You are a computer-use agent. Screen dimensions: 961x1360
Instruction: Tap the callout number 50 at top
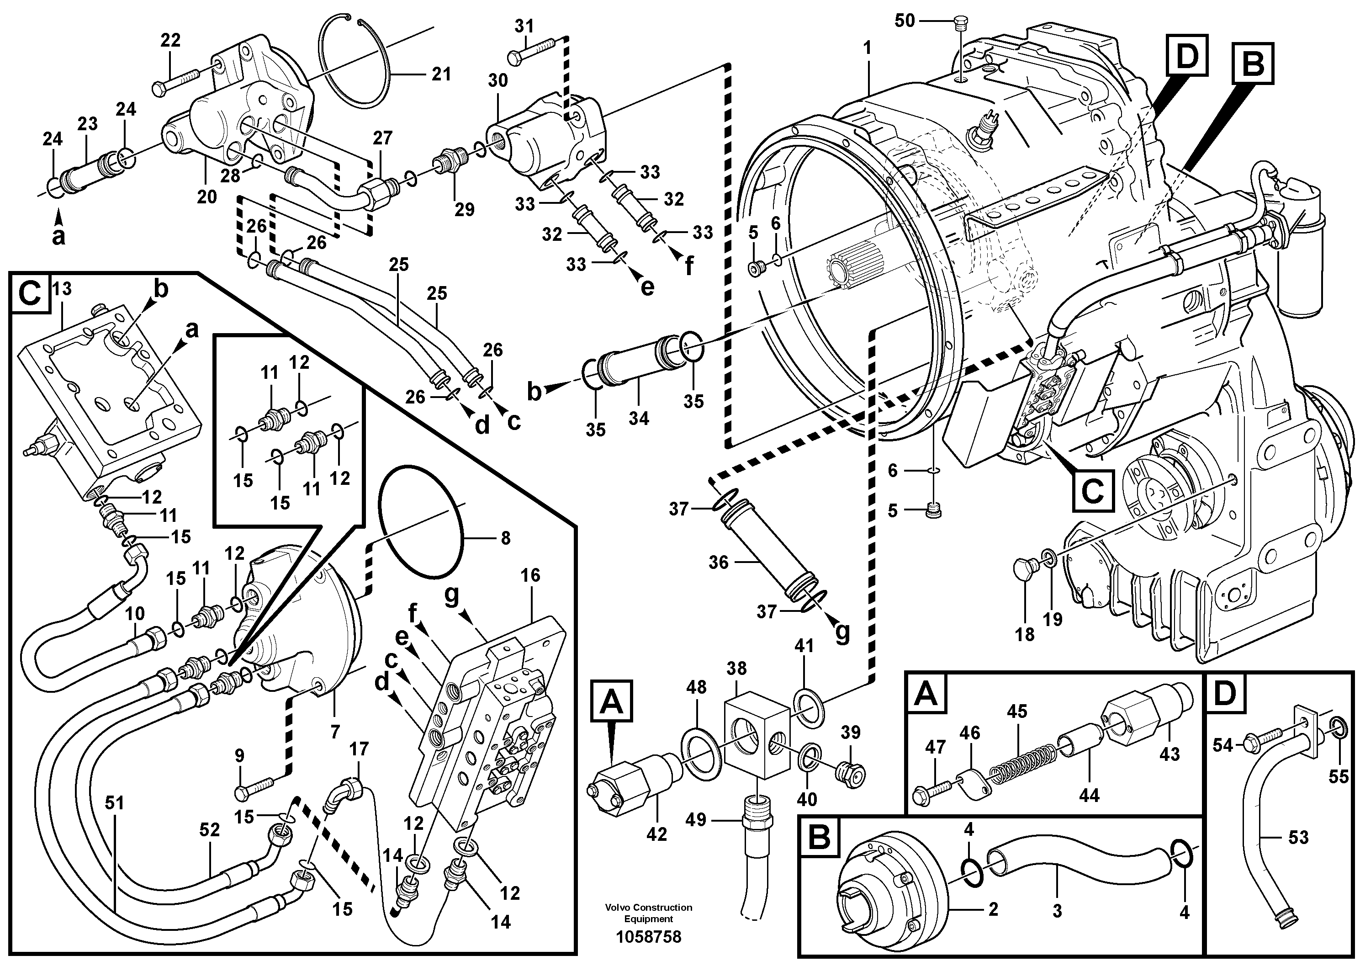click(x=905, y=21)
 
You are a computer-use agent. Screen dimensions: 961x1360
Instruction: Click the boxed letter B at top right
click(x=1253, y=64)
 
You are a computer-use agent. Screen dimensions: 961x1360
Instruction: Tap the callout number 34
click(x=639, y=418)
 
